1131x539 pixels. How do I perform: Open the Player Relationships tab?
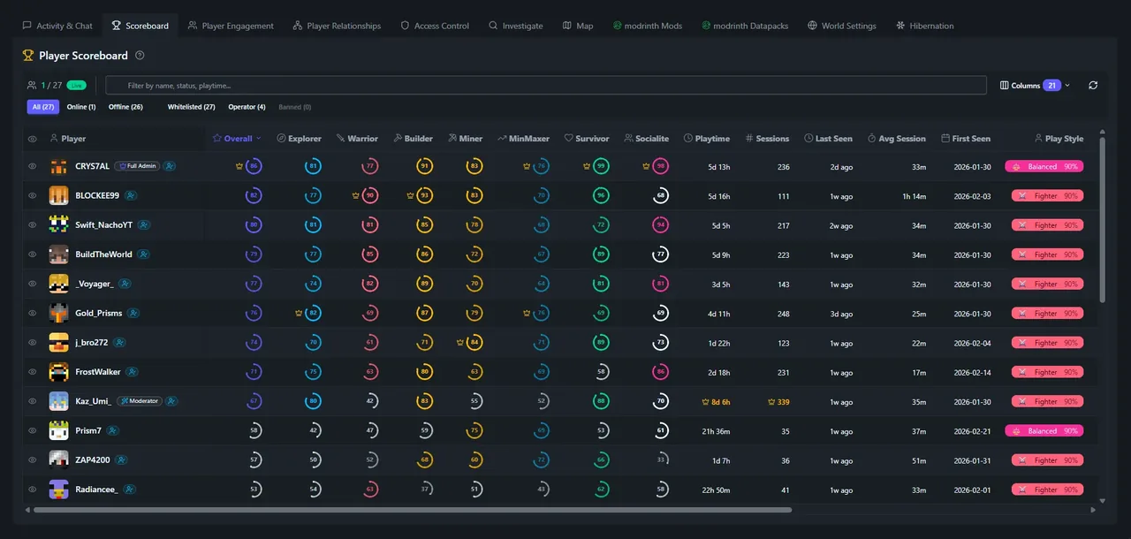(337, 26)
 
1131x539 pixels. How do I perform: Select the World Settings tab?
(842, 26)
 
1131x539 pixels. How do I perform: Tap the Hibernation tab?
(925, 26)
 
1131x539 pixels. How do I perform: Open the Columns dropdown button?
(1035, 86)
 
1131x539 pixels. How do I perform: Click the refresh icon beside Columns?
(1093, 86)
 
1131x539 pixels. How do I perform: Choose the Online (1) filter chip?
(81, 107)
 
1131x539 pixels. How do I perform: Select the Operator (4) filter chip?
(247, 107)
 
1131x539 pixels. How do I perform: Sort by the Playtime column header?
(706, 139)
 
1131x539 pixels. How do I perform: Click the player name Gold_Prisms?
(98, 313)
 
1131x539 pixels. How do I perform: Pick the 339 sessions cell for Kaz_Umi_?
(778, 401)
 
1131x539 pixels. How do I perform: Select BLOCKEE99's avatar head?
(58, 195)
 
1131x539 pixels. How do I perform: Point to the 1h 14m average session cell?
(913, 196)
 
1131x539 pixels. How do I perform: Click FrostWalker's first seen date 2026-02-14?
(971, 372)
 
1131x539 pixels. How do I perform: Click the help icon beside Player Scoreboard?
(140, 56)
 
